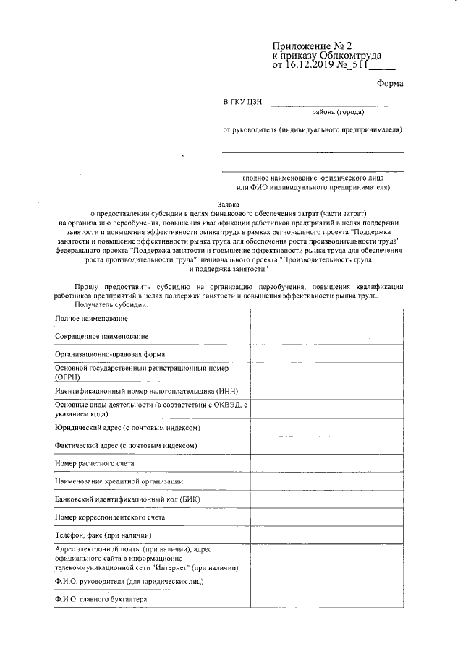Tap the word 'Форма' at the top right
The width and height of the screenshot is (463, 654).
(390, 84)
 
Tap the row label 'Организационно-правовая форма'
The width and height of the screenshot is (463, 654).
(109, 355)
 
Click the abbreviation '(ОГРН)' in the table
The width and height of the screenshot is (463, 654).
(67, 377)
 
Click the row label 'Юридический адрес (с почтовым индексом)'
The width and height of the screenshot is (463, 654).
(127, 428)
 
